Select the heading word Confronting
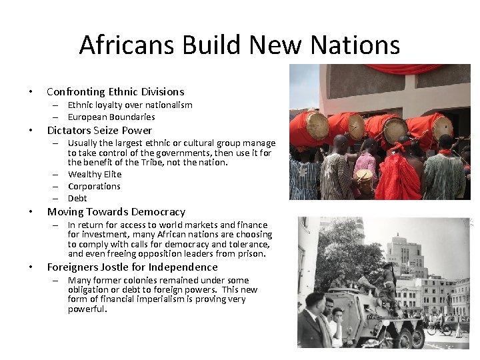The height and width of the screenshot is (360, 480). tap(76, 92)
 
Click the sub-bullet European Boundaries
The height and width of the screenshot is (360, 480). tap(111, 117)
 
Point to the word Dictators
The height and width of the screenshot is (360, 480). tap(69, 131)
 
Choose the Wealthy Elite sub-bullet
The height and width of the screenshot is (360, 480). tap(95, 174)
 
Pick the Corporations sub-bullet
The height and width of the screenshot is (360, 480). tap(94, 186)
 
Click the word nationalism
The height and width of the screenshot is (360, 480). tap(169, 105)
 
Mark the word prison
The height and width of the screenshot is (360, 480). tap(251, 253)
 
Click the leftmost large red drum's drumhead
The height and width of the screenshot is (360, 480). tap(317, 125)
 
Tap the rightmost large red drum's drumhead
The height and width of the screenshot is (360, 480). tap(441, 127)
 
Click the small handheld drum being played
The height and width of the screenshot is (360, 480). tap(365, 177)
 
